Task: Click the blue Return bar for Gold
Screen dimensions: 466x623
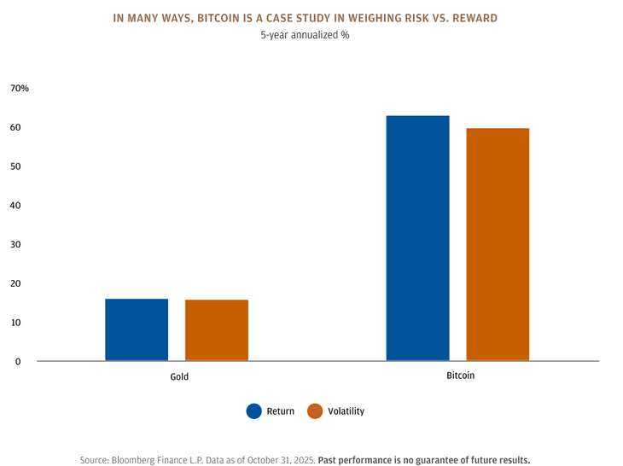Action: (137, 329)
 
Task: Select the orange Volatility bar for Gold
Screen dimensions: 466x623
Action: (217, 330)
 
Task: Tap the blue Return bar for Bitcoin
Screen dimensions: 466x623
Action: (417, 238)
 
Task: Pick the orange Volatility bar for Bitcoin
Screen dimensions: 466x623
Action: (498, 244)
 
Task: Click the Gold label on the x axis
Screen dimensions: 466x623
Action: (179, 376)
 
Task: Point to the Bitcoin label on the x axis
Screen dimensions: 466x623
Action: (460, 376)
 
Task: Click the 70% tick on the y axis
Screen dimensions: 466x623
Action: (20, 89)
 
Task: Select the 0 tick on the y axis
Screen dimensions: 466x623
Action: (18, 362)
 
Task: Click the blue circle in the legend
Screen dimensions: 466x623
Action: (253, 411)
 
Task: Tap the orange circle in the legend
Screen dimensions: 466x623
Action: (315, 411)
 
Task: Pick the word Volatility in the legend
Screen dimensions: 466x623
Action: (346, 411)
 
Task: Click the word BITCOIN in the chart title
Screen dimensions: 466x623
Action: (242, 18)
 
